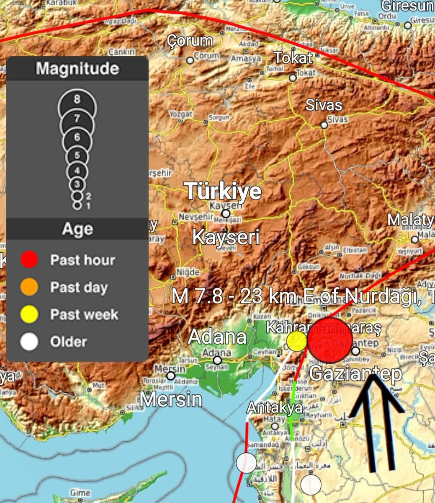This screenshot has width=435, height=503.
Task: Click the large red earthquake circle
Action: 330,340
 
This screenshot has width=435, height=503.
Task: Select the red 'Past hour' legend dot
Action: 29,260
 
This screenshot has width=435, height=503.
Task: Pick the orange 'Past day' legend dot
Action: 29,287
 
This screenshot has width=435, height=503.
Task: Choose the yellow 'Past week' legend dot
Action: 29,314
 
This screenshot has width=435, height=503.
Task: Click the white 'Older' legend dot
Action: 29,342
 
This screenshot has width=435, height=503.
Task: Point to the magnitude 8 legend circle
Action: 77,101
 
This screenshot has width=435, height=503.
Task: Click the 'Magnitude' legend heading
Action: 77,68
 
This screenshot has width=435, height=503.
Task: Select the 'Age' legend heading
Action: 77,229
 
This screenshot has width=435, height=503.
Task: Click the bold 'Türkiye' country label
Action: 224,192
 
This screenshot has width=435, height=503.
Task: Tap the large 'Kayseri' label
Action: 226,237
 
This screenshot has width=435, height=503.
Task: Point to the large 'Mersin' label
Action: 171,399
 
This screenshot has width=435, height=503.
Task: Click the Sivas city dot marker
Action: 324,125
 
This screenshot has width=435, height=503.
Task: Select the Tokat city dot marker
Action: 293,78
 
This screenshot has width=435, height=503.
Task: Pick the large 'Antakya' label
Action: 274,407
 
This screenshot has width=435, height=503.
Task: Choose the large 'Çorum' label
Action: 190,41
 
